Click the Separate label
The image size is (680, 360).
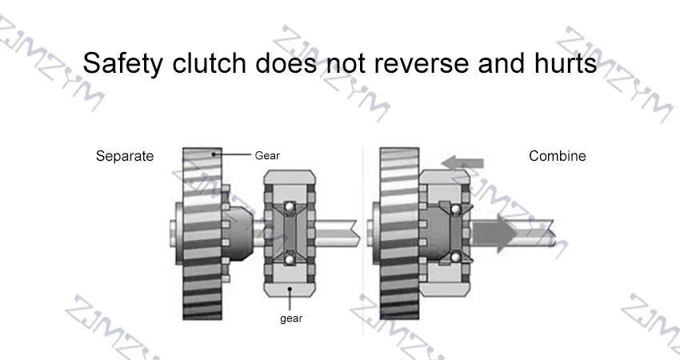point(125,156)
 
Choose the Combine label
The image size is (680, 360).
point(558,156)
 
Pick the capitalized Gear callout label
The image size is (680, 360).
point(267,155)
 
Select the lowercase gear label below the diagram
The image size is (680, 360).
point(291,318)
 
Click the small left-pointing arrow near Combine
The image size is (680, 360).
point(454,163)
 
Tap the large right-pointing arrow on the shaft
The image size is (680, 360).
point(492,236)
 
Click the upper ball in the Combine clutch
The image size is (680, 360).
point(454,210)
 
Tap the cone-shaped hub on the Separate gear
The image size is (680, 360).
point(239,232)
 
